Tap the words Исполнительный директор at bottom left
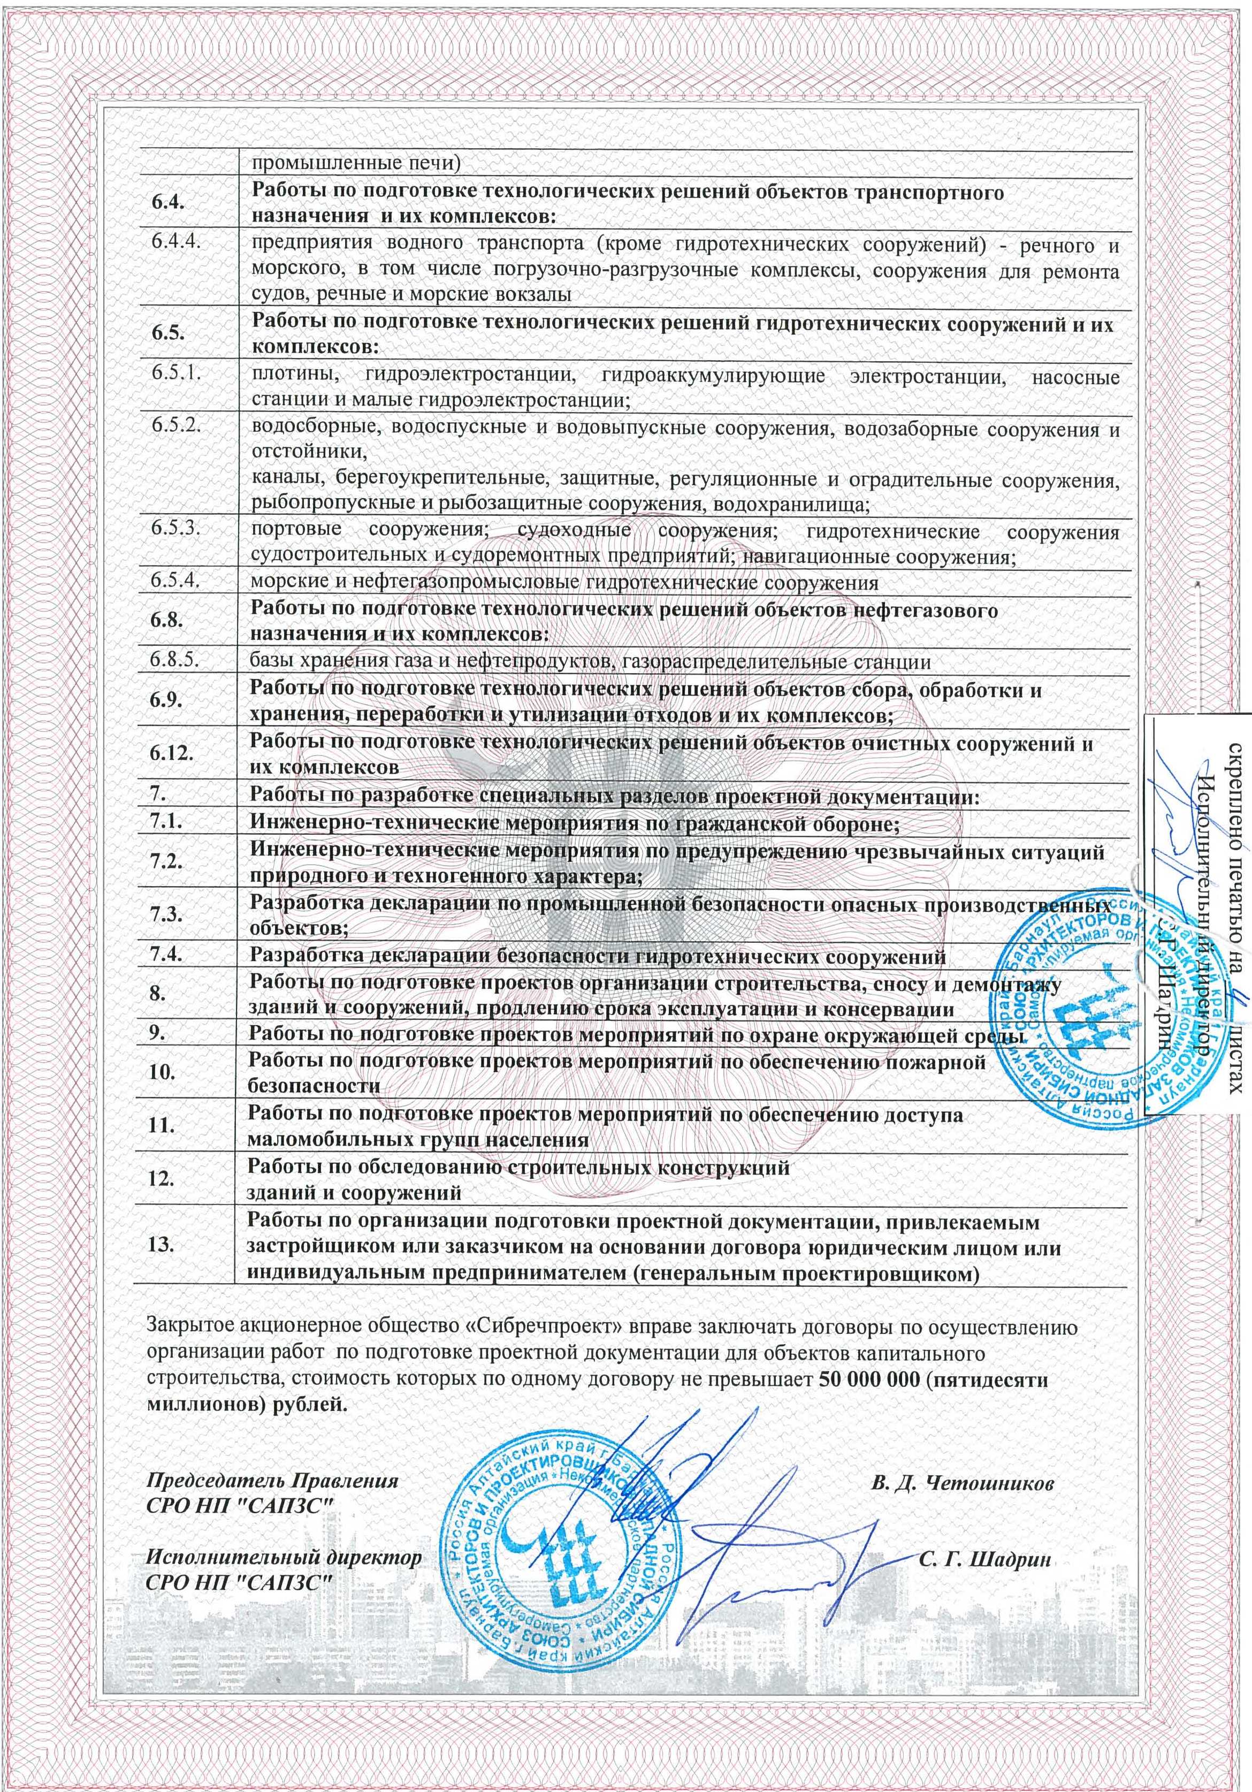285,1537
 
